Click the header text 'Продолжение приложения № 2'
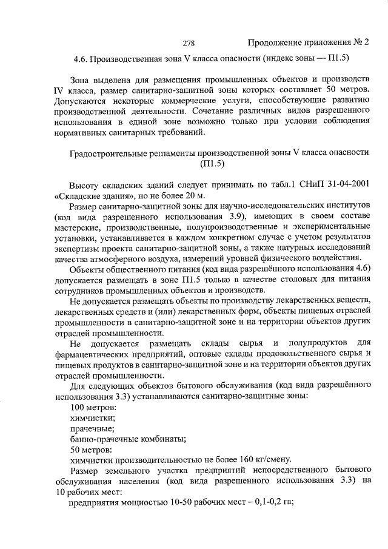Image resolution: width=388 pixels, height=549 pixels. [x=308, y=43]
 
